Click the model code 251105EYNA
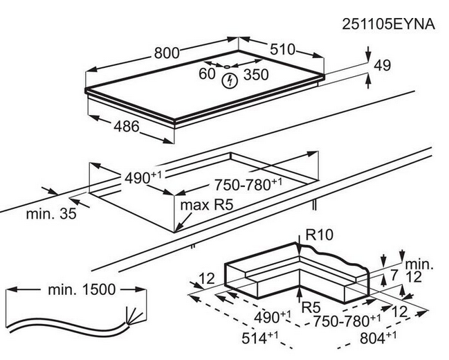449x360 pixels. point(388,25)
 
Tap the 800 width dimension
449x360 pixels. point(166,52)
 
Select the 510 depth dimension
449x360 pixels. point(282,50)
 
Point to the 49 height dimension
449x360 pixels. point(382,66)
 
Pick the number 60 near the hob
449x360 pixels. point(207,72)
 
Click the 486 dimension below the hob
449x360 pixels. point(126,127)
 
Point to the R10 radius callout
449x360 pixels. point(319,235)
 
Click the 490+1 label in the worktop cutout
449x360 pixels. point(143,177)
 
